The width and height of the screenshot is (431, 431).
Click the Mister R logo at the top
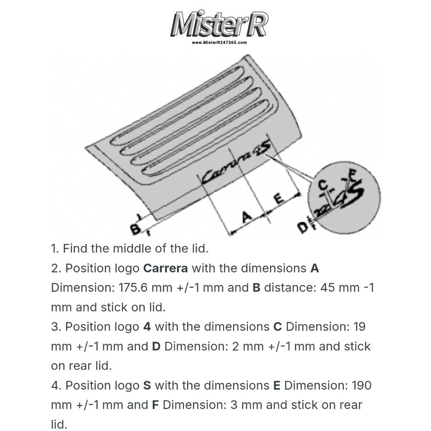pos(219,24)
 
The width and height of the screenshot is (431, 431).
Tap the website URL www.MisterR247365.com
pos(219,43)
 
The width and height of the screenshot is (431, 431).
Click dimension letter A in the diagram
pos(247,216)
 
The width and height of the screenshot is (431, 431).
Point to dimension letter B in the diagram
pos(135,229)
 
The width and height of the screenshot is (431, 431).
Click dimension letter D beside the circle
pos(303,227)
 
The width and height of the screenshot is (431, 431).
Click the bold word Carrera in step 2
pos(166,268)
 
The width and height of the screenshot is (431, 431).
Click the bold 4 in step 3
pos(147,327)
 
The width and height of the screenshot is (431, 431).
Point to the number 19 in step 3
pos(359,327)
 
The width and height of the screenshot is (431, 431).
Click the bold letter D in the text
pos(156,347)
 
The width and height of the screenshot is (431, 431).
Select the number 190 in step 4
pos(362,385)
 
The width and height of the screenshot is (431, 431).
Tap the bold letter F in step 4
pos(155,405)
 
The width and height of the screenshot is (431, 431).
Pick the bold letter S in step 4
pos(147,385)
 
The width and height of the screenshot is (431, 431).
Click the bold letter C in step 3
pos(278,327)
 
